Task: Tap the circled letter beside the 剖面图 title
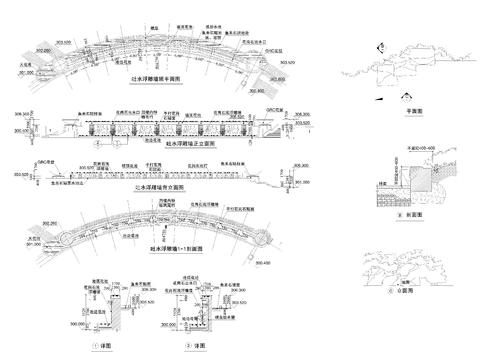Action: point(399,214)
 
